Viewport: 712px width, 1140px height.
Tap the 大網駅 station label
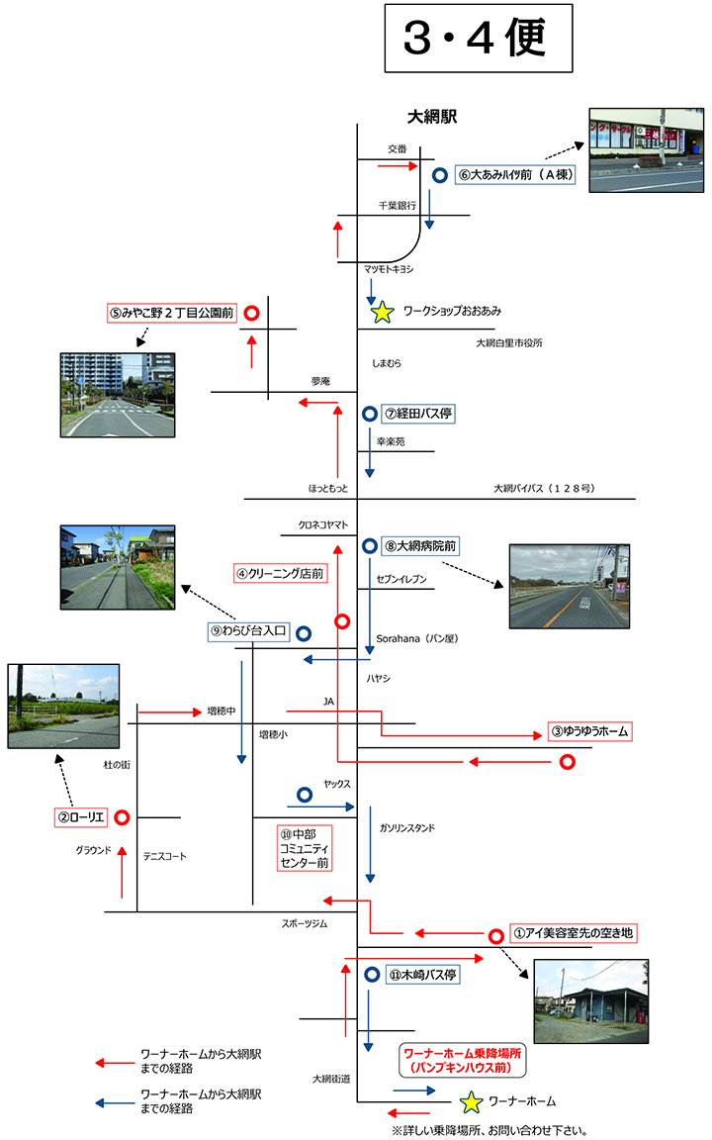(x=433, y=116)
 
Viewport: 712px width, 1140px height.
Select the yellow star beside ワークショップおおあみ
(x=383, y=313)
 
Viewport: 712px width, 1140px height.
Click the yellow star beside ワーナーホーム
(x=472, y=1101)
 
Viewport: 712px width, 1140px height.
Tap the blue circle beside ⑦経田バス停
(x=369, y=414)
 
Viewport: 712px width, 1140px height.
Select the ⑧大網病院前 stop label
(x=420, y=545)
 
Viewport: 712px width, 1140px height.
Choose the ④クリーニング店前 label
(x=280, y=573)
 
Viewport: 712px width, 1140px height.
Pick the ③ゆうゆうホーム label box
(x=590, y=731)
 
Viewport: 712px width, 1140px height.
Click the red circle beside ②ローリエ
(x=122, y=817)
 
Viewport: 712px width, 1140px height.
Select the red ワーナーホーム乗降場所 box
(x=461, y=1062)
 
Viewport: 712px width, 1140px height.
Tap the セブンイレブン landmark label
(x=401, y=580)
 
